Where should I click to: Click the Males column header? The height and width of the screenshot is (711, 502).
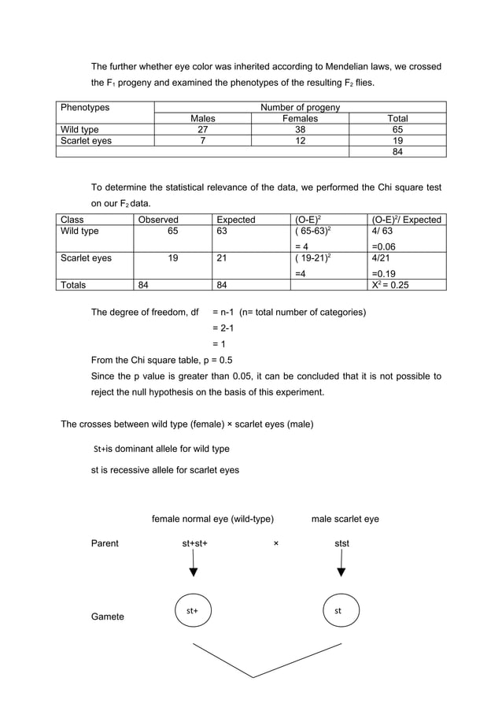point(202,119)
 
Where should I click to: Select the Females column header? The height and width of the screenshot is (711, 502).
point(300,119)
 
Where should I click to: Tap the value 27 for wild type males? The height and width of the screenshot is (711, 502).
point(202,130)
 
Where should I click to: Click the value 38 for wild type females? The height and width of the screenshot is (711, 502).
point(300,130)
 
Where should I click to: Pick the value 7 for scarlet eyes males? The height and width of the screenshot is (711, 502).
point(202,141)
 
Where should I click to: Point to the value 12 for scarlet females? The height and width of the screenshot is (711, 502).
point(300,141)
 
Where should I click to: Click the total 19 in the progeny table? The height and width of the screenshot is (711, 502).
point(397,141)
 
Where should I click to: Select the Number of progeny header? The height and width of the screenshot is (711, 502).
point(300,107)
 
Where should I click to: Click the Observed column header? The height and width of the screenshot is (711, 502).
point(158,220)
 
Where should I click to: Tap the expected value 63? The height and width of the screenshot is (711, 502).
point(223,231)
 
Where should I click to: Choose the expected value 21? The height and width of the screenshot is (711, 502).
point(223,257)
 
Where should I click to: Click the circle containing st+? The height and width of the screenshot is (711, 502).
point(192,610)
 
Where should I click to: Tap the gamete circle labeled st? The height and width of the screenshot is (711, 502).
point(338,610)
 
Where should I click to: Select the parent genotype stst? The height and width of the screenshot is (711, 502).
point(341,543)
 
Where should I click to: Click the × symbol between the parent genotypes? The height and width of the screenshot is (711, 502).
point(275,543)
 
